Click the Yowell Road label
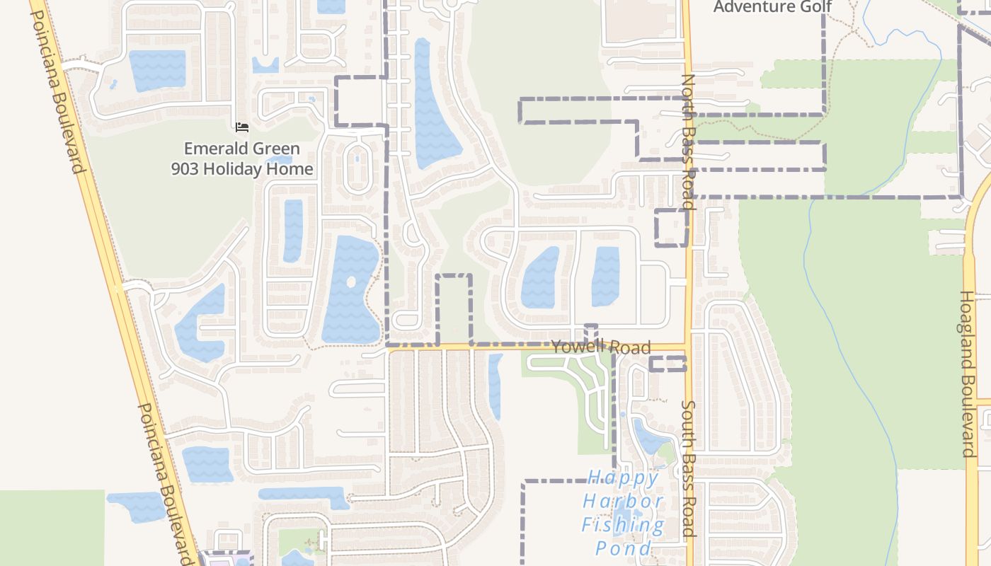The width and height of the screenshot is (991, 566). [x=600, y=347]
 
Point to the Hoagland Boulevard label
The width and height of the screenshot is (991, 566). [x=968, y=374]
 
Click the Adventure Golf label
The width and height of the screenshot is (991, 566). [x=772, y=7]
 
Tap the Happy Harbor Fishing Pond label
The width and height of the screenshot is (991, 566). [x=623, y=512]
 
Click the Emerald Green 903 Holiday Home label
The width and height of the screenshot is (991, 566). [x=242, y=158]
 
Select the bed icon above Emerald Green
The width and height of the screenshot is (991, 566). [x=242, y=127]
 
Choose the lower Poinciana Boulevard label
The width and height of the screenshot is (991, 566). [x=164, y=485]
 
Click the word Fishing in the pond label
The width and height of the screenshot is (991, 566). [x=623, y=525]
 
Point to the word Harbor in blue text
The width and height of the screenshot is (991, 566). [x=623, y=501]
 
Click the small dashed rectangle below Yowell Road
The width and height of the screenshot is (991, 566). [x=668, y=364]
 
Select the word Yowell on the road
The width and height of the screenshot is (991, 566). [x=577, y=346]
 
